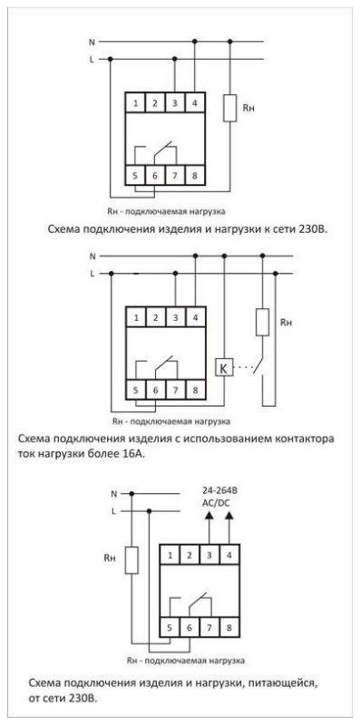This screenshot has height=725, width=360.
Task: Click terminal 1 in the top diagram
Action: click(x=135, y=104)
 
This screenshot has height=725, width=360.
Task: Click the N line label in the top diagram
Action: click(x=92, y=42)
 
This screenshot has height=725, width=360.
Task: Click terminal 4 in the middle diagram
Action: click(x=195, y=317)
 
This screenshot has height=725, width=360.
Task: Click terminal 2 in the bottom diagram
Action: click(x=189, y=554)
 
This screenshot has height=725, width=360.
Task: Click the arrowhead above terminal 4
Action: click(x=228, y=516)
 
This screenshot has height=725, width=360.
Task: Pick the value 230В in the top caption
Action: click(x=307, y=229)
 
